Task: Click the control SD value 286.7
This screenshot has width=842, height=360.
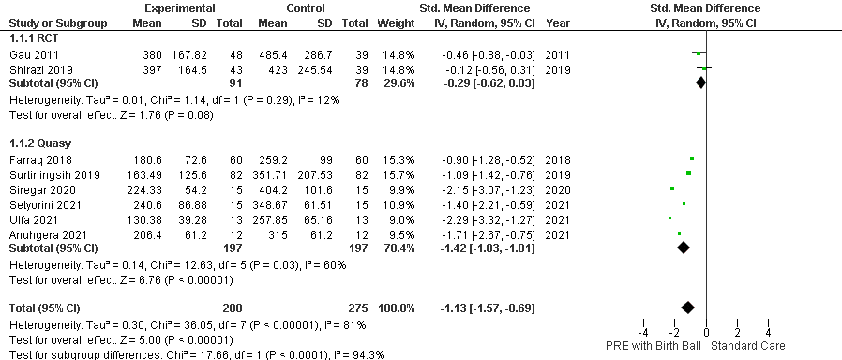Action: pyautogui.click(x=318, y=54)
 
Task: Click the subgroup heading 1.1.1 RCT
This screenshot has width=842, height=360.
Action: pyautogui.click(x=34, y=38)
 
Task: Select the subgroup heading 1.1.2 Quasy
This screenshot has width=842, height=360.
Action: pyautogui.click(x=40, y=143)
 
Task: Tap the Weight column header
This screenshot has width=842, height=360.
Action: pyautogui.click(x=397, y=23)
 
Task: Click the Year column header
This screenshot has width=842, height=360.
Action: pyautogui.click(x=557, y=23)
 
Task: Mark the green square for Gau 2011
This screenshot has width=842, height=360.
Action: pyautogui.click(x=699, y=53)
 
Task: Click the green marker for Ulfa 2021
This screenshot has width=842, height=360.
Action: pyautogui.click(x=670, y=217)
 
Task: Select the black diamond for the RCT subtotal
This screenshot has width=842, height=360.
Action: pyautogui.click(x=700, y=82)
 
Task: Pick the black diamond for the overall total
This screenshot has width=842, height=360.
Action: pyautogui.click(x=687, y=307)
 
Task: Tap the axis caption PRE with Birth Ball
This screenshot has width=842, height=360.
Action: pyautogui.click(x=652, y=346)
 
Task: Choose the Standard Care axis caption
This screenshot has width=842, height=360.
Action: pyautogui.click(x=748, y=346)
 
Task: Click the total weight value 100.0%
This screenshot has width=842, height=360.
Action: pyautogui.click(x=398, y=307)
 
